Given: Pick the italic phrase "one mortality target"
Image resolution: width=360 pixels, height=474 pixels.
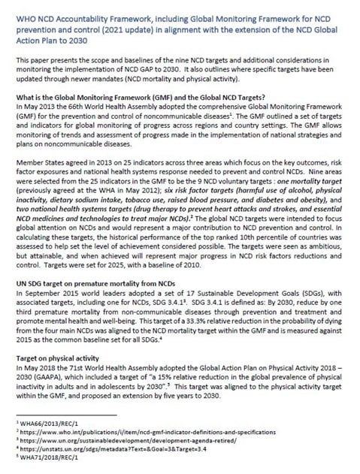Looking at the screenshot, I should pyautogui.click(x=301, y=192).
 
